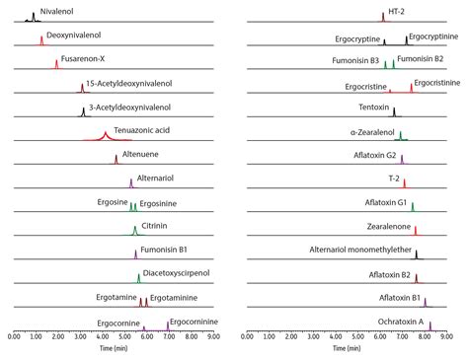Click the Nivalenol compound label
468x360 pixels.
[57, 11]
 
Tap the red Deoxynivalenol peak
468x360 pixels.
[41, 40]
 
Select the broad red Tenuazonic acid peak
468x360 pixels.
[105, 135]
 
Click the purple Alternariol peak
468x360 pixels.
[131, 182]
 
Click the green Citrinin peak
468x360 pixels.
[135, 231]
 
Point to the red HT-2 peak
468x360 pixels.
[383, 17]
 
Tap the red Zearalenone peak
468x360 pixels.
[415, 230]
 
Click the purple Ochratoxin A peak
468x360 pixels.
[430, 324]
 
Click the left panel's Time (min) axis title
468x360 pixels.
[114, 348]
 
